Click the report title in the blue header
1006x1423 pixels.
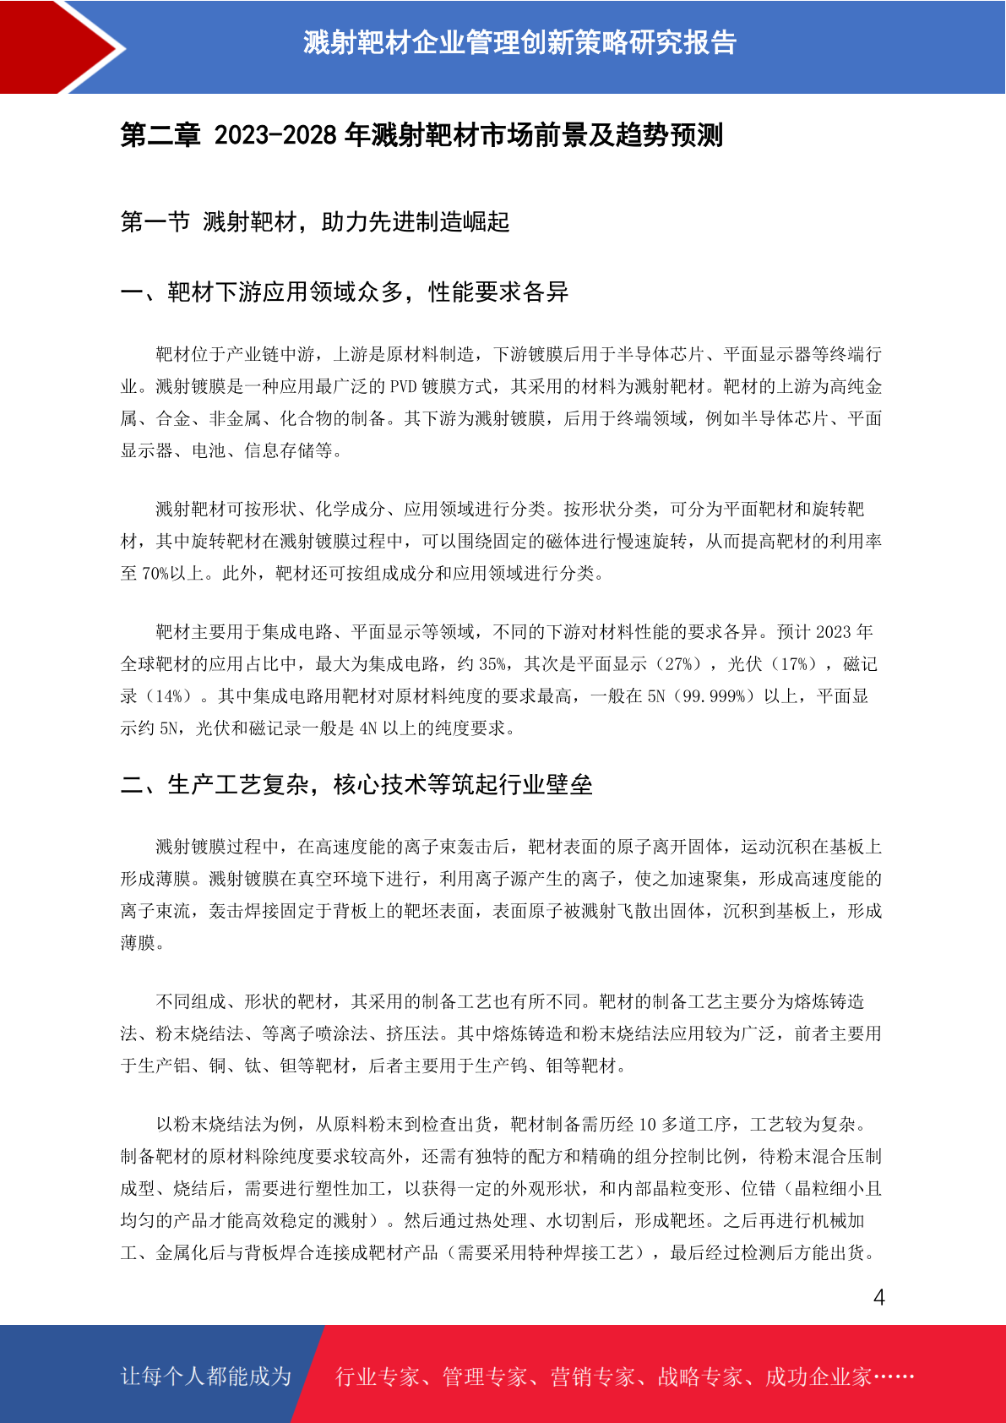[x=519, y=42]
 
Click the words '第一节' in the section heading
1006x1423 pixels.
[x=155, y=222]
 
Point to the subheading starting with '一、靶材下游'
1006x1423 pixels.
[x=344, y=292]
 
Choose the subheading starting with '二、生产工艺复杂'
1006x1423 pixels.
[x=356, y=785]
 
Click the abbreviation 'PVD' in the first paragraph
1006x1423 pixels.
[x=403, y=387]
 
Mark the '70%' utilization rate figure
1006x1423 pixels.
[x=155, y=574]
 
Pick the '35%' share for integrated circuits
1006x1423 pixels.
[x=492, y=664]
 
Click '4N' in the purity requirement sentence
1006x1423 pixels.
[x=368, y=728]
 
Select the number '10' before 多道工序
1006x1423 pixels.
[x=647, y=1125]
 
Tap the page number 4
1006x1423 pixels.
[x=878, y=1298]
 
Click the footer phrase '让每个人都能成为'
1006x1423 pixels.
[x=206, y=1377]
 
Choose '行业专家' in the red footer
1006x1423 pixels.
[x=378, y=1377]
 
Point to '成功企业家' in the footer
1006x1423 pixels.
[x=818, y=1377]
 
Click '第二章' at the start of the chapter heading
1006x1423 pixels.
[x=160, y=135]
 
